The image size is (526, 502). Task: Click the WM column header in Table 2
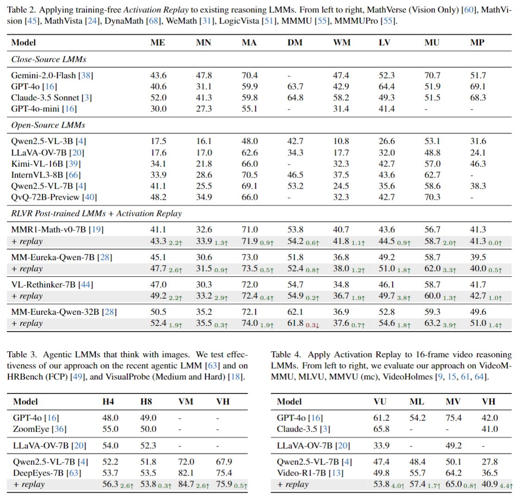pos(341,43)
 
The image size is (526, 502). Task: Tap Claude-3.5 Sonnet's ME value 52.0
pos(158,98)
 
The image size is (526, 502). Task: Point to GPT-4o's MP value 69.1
pos(478,86)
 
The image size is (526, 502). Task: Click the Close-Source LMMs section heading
pos(49,59)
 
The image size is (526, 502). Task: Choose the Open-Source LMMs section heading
pos(48,125)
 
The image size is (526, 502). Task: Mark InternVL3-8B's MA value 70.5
pos(249,175)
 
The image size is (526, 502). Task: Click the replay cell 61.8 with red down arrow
pos(295,324)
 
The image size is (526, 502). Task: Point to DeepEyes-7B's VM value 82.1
pos(186,473)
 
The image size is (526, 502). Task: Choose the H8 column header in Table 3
pos(146,402)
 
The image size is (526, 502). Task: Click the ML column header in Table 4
pos(417,402)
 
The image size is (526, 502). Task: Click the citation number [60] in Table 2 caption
pos(469,10)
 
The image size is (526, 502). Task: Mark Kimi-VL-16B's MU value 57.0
pos(433,164)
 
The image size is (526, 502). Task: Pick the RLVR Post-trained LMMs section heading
pos(96,214)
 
